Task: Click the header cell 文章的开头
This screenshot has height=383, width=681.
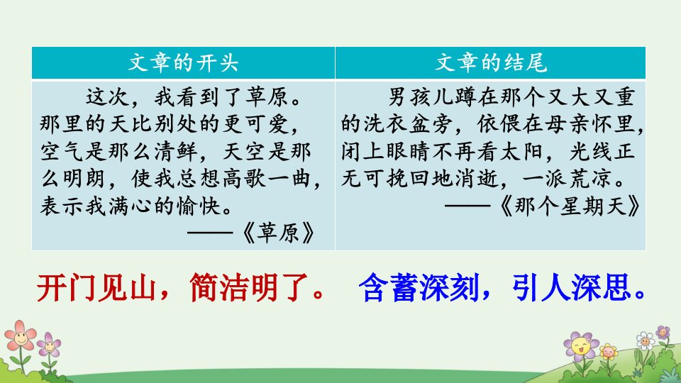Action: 183,62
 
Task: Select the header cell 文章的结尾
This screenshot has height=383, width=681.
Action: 490,62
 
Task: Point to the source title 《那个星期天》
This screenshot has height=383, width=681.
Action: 570,206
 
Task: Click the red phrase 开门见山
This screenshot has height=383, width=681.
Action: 96,287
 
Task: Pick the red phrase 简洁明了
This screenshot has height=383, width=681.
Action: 248,287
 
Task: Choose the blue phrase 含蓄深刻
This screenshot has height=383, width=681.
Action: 419,287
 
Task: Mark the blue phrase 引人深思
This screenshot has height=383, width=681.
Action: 570,287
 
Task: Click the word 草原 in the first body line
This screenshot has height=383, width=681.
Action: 267,97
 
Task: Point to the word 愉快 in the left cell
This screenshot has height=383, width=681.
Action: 199,206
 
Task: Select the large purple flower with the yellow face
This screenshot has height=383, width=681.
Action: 581,346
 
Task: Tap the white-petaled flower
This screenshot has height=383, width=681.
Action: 645,340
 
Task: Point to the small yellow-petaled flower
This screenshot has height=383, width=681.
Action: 608,351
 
